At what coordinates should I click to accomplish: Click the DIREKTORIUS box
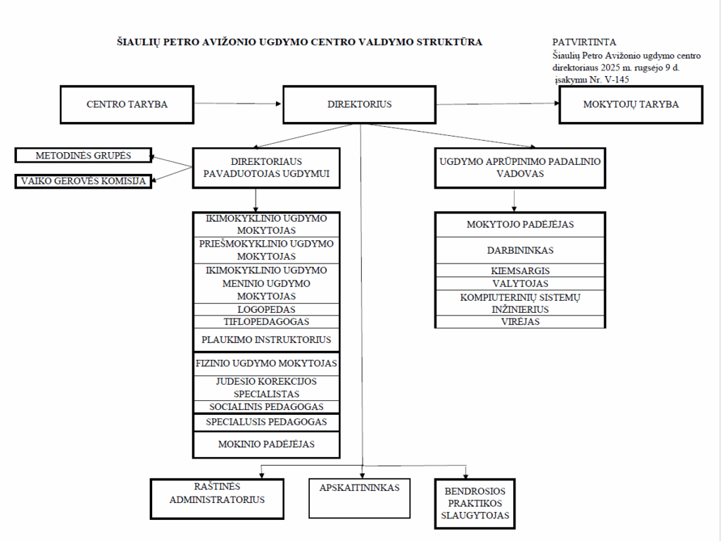click(x=359, y=104)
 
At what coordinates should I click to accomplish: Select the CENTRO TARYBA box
click(x=127, y=104)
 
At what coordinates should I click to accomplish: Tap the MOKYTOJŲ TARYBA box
click(x=631, y=104)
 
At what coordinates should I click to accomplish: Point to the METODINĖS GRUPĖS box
click(x=83, y=155)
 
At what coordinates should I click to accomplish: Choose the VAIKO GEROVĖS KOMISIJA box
click(x=83, y=181)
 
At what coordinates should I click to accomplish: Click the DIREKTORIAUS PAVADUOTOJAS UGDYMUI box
click(x=266, y=168)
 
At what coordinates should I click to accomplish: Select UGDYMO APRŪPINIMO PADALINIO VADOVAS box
click(x=520, y=168)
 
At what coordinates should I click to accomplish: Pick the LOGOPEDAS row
click(x=266, y=309)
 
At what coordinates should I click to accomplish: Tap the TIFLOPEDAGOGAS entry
click(x=266, y=322)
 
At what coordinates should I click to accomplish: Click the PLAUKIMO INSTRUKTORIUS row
click(x=266, y=340)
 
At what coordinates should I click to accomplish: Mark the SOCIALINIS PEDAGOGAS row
click(x=266, y=406)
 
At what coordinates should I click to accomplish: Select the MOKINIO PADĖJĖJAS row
click(x=266, y=444)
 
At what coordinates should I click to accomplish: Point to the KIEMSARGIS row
click(x=520, y=270)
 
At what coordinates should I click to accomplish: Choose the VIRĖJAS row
click(x=520, y=321)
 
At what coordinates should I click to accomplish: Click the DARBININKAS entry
click(x=520, y=250)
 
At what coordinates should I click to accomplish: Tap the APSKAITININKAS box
click(x=359, y=497)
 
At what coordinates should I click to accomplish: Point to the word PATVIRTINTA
click(x=584, y=42)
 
